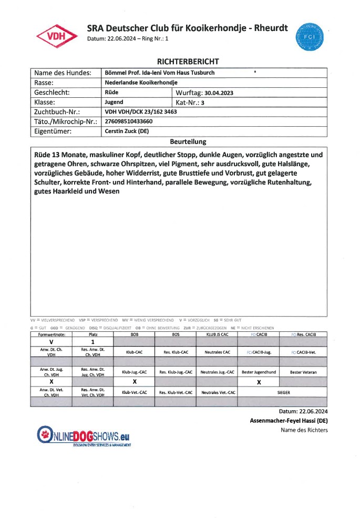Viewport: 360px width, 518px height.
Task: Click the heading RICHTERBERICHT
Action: pos(180,62)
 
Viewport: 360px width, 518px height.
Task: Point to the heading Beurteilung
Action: pos(188,142)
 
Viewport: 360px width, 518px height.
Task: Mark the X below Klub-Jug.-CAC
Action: pos(135,381)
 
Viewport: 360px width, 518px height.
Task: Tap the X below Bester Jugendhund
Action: pos(259,382)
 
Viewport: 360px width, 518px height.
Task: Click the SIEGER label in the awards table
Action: pos(283,392)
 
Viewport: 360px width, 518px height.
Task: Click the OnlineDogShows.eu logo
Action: pos(83,436)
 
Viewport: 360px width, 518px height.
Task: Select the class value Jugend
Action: pos(115,103)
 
